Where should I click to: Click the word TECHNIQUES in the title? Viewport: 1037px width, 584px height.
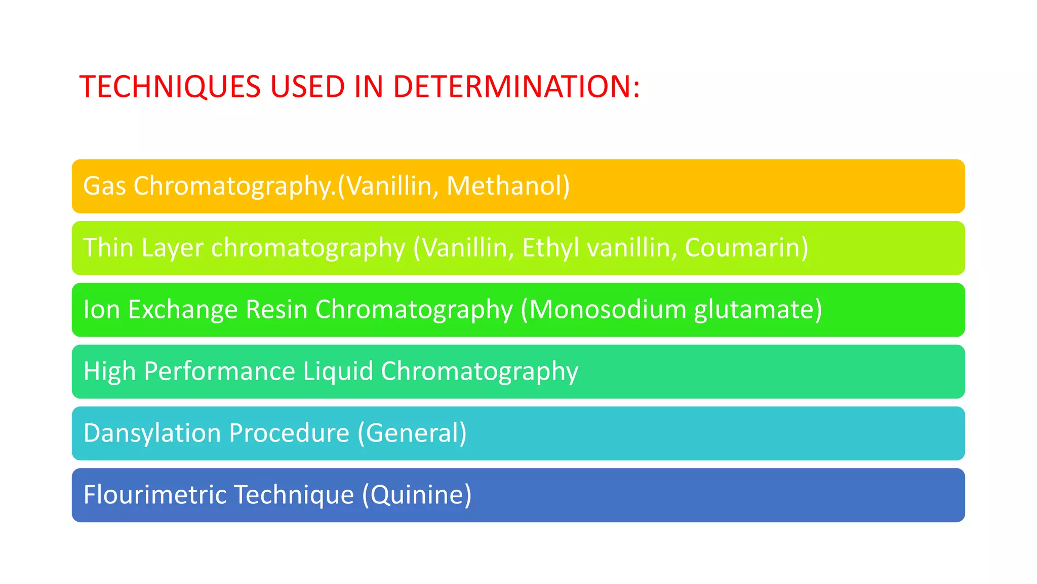[170, 86]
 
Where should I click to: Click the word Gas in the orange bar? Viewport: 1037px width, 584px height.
[104, 186]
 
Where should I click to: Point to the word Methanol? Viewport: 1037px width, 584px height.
[508, 186]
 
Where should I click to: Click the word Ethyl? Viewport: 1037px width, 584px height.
[550, 248]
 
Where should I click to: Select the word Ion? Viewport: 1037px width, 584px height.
[102, 310]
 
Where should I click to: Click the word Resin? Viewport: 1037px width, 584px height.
[277, 310]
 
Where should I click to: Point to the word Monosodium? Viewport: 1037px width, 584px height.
[606, 310]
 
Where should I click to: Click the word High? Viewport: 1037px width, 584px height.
[110, 372]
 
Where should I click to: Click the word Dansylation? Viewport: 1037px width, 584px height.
[152, 433]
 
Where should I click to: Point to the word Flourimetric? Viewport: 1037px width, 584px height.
[155, 495]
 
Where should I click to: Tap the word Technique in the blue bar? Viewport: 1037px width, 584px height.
[294, 495]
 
